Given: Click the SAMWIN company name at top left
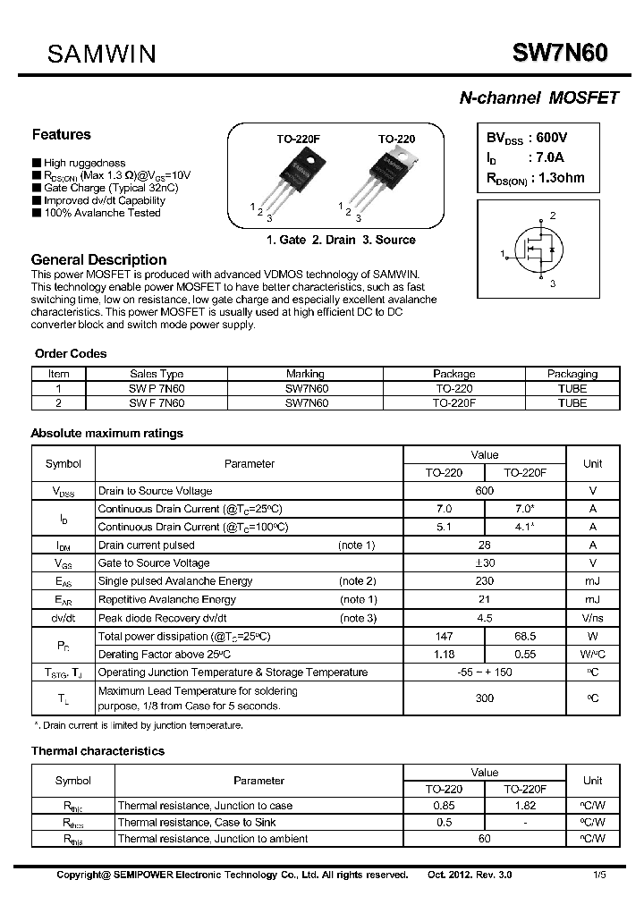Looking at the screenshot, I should (x=102, y=55).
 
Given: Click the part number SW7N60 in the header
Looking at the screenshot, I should (x=560, y=54).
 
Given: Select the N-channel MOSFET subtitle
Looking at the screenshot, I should (x=538, y=98).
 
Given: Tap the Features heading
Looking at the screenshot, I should (x=61, y=135).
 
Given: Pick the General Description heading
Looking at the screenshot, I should (x=98, y=259).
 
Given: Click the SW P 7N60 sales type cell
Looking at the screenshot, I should (x=157, y=389).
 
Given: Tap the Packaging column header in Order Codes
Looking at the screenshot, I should (x=572, y=374).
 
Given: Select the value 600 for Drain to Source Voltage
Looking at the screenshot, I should (x=485, y=491).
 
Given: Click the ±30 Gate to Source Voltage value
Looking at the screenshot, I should (x=485, y=563).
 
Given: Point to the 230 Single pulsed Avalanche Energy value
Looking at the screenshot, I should (x=485, y=581).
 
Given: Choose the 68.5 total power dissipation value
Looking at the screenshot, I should (x=525, y=636).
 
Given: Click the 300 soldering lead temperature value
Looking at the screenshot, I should (x=485, y=698).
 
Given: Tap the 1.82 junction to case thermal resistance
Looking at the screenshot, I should (x=525, y=806).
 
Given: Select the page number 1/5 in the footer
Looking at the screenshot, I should (x=597, y=875).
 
